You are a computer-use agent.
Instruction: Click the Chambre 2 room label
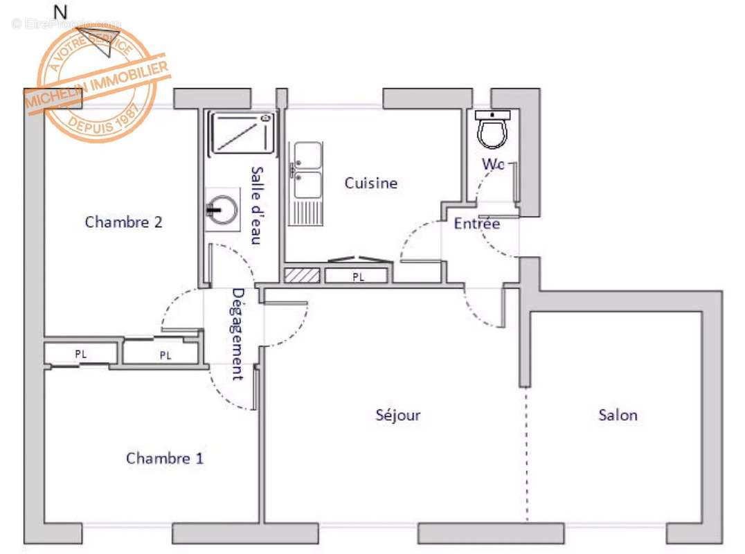123,222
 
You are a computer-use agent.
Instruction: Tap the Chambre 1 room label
165,458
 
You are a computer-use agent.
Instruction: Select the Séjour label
398,415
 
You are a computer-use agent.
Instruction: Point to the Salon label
618,415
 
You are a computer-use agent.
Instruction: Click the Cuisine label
371,184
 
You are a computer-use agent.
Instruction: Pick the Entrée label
476,224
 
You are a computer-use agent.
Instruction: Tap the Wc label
493,165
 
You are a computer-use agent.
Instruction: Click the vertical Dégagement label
237,334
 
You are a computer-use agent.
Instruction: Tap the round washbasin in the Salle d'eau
223,210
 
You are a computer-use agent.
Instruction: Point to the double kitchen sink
307,170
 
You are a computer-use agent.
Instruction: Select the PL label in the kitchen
357,277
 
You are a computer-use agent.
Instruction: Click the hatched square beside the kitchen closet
303,275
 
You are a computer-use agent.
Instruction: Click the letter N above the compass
61,12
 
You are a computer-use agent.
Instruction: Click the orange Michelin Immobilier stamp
97,83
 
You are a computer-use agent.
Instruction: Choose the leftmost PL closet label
81,354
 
